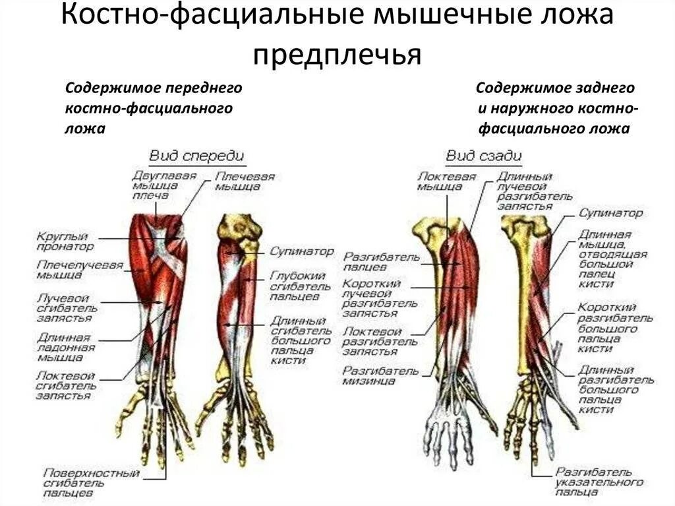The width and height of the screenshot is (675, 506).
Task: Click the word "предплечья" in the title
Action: pyautogui.click(x=337, y=54)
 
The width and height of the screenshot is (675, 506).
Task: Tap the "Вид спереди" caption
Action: pyautogui.click(x=196, y=156)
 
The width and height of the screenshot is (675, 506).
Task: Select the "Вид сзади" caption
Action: pyautogui.click(x=484, y=156)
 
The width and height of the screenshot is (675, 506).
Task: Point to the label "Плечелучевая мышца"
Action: pyautogui.click(x=71, y=270)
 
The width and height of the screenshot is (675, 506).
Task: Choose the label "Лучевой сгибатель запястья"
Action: pyautogui.click(x=66, y=307)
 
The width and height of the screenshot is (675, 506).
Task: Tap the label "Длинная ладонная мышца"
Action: pyautogui.click(x=65, y=346)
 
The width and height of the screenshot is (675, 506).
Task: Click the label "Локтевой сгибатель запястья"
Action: pyautogui.click(x=65, y=385)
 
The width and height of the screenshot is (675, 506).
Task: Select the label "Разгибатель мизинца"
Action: pyautogui.click(x=380, y=375)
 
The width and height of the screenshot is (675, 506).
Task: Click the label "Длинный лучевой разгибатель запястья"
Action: pyautogui.click(x=525, y=191)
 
